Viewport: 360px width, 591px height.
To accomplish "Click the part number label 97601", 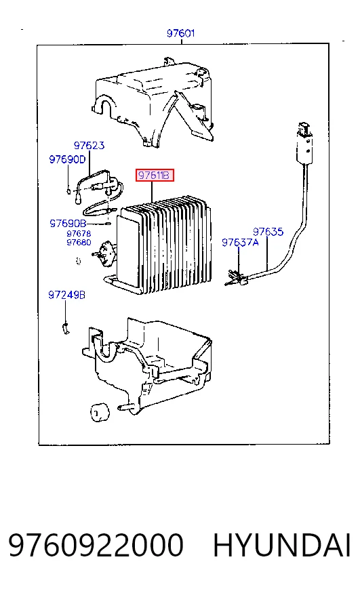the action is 180,33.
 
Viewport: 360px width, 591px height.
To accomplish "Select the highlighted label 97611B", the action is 155,176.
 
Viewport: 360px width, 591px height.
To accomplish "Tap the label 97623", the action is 89,146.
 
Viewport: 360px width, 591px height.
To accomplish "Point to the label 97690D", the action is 68,159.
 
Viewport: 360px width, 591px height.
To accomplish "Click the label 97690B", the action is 68,224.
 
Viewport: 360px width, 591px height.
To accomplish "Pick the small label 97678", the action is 79,234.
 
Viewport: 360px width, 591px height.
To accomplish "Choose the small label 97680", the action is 79,243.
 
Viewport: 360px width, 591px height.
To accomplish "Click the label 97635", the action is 268,231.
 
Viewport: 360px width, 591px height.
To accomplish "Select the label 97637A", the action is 240,243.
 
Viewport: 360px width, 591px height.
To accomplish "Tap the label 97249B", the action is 66,295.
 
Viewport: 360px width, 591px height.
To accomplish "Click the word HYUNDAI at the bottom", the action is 282,546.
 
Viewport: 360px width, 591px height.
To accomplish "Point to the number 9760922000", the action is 96,546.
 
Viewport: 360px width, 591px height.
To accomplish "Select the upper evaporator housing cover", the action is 153,102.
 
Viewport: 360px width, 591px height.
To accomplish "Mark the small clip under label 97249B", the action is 66,328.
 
